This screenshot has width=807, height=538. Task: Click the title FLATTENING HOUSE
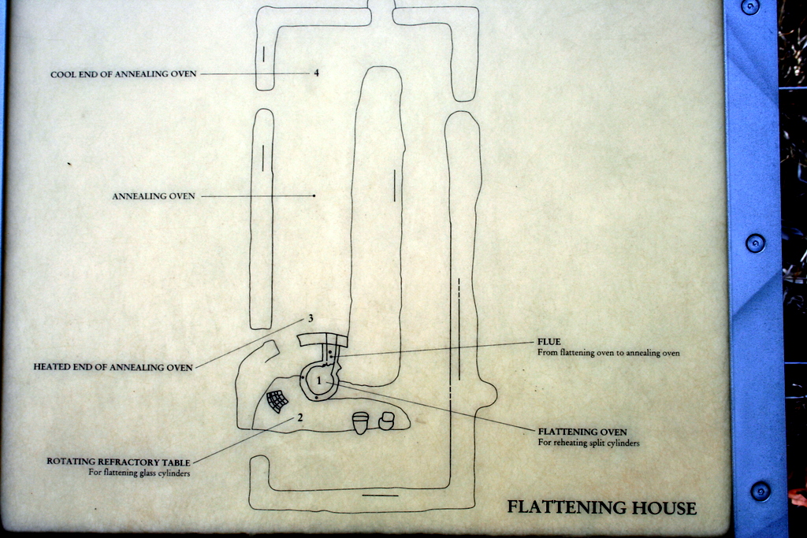601,507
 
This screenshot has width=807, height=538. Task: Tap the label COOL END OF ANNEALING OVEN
123,74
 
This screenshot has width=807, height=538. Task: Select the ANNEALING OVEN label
153,196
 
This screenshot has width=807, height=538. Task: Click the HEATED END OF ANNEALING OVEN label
113,367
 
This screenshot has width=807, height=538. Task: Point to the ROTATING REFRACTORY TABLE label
118,461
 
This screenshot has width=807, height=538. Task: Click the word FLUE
549,342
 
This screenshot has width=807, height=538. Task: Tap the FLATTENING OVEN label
582,432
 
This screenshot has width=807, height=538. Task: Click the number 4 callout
316,73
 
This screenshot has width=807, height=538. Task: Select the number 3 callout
311,318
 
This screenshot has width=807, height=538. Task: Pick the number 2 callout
300,417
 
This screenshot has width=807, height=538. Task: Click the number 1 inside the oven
319,380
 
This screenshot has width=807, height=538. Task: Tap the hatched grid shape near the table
277,401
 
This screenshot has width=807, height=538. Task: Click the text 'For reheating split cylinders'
588,443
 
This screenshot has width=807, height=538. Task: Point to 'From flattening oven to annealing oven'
608,353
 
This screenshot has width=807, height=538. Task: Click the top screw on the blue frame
750,6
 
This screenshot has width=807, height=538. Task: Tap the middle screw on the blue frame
755,243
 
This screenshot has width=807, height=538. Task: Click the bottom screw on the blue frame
760,491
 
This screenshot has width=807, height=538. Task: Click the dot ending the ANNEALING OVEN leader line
314,195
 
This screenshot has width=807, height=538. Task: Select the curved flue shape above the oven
322,339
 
